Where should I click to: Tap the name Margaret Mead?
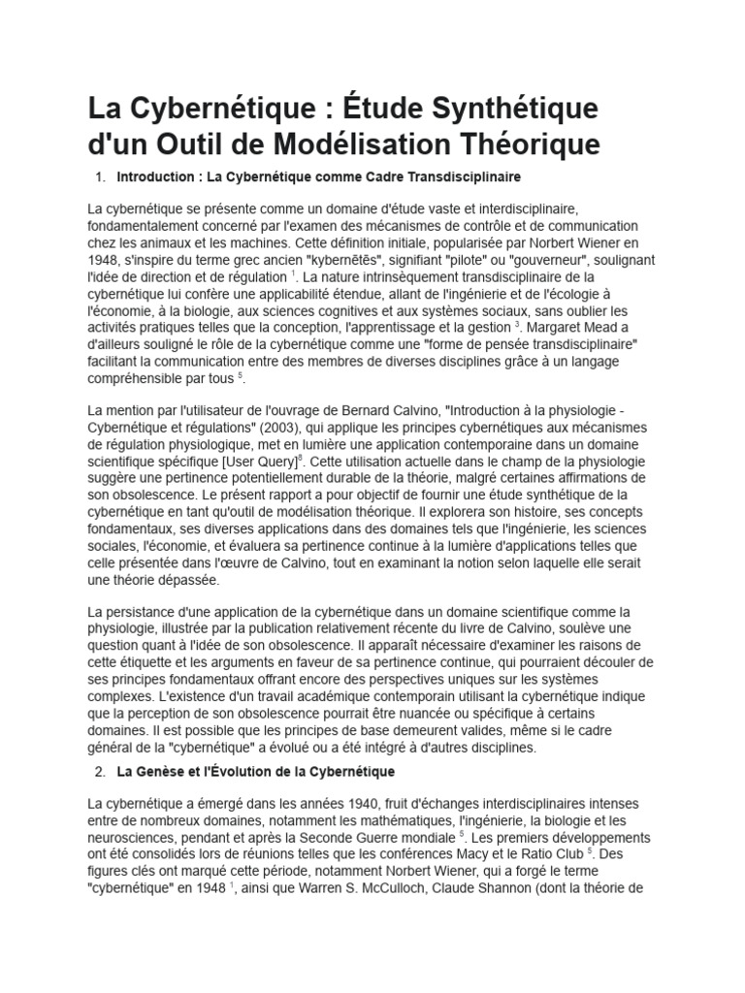pyautogui.click(x=573, y=328)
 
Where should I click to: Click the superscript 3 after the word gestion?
pyautogui.click(x=518, y=325)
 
